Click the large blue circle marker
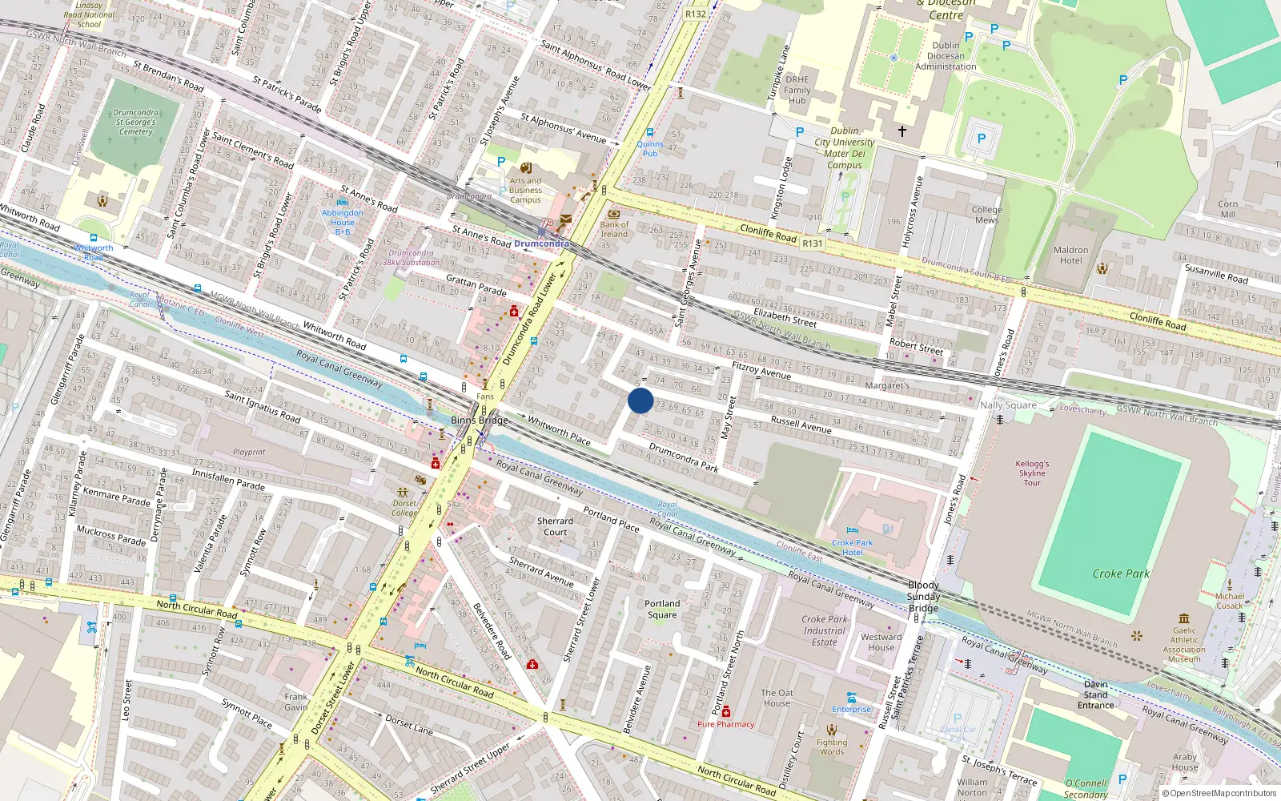640,400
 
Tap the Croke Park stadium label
1121,574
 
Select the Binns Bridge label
480,420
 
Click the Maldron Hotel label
1070,255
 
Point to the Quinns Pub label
650,149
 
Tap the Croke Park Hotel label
852,547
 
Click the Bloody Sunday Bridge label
923,596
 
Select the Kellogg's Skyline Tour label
1032,473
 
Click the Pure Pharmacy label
725,724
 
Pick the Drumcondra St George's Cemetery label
135,123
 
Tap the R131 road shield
813,243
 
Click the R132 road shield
696,14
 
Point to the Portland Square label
662,609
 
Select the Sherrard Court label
555,526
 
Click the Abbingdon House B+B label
342,222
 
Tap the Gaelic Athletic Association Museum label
1184,645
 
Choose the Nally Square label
1008,405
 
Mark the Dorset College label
404,508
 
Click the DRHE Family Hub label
797,90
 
